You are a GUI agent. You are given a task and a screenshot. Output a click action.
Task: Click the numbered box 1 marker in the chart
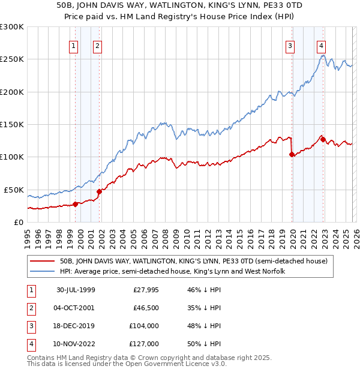(73, 45)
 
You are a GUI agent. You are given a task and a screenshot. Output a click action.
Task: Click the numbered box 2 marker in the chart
(97, 45)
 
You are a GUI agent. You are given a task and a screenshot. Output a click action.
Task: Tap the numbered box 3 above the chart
(290, 45)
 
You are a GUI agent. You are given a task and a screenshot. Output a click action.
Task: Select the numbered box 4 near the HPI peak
(322, 45)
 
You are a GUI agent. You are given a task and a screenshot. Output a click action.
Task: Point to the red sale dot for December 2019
(292, 154)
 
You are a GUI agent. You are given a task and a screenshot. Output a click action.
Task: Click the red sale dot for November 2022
(323, 140)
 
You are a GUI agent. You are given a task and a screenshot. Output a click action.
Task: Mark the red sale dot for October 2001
(100, 192)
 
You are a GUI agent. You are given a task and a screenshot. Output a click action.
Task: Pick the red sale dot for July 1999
(76, 204)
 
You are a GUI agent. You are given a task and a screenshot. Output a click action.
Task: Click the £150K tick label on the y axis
(12, 124)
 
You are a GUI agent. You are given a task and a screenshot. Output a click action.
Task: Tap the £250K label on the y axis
(12, 59)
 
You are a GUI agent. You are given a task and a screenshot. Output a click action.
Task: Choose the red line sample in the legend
(42, 262)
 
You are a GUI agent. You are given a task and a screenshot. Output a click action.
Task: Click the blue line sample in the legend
(42, 272)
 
